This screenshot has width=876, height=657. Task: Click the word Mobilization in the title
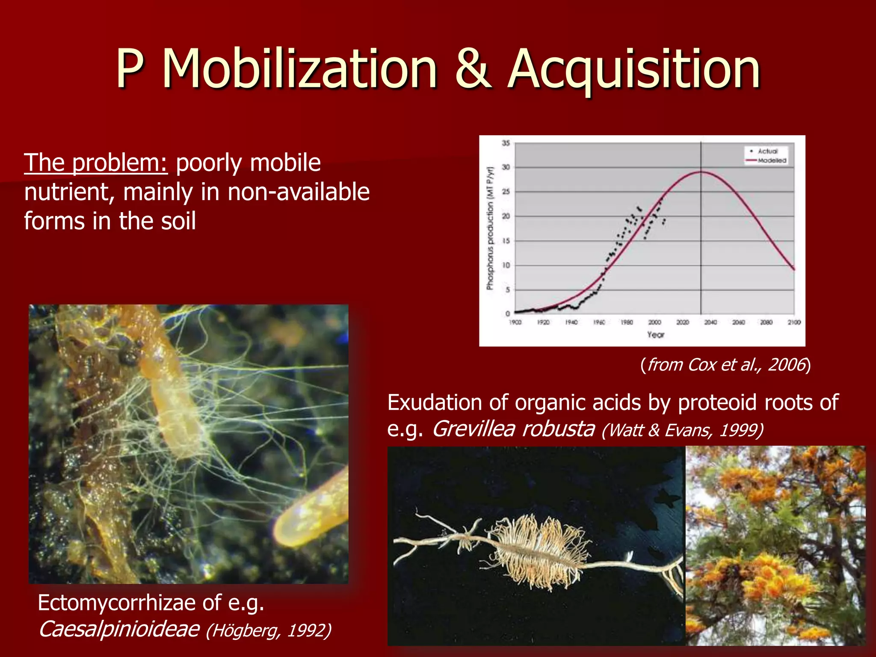tap(299, 68)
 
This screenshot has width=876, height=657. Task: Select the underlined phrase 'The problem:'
tap(96, 163)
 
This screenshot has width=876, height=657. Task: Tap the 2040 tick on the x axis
tap(710, 322)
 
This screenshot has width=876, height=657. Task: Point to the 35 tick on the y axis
tap(506, 143)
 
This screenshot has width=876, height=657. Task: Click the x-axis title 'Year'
tap(655, 334)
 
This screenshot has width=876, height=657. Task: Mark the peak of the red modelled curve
tap(701, 172)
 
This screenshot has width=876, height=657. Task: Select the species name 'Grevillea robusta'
tap(513, 429)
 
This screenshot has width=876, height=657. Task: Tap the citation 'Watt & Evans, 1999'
tap(682, 430)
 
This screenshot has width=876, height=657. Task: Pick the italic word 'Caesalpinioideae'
tap(119, 629)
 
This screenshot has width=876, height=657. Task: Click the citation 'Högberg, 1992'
tap(269, 630)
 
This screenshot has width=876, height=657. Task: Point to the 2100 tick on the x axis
tap(794, 322)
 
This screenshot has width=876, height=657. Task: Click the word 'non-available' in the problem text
tap(299, 192)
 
